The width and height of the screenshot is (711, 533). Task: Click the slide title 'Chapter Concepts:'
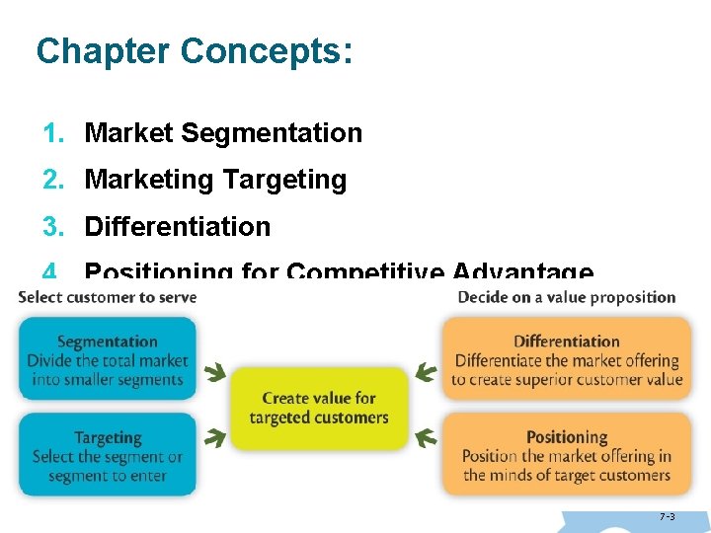point(193,51)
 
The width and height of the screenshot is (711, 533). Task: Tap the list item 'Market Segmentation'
point(223,132)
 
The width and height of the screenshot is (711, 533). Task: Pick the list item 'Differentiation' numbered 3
point(178,226)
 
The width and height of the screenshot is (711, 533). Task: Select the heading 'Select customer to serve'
point(108,297)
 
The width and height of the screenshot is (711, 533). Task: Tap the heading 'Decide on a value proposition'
point(567,297)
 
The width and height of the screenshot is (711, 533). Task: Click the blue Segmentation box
point(108,358)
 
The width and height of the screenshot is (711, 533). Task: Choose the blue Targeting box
point(108,454)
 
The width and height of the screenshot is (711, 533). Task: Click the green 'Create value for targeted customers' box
point(319,408)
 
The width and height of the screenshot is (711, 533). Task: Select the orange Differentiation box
point(567,358)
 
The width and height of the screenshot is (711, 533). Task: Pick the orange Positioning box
point(567,454)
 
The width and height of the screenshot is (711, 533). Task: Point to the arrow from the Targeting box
point(213,435)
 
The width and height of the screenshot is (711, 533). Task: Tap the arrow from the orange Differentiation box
point(425,373)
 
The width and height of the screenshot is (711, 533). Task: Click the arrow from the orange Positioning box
point(426,435)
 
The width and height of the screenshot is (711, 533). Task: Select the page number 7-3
point(668,516)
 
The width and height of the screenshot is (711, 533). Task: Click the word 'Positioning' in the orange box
point(567,436)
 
